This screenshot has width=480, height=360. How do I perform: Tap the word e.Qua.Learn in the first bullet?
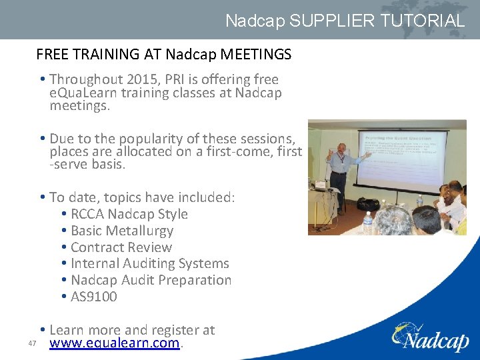click(79, 93)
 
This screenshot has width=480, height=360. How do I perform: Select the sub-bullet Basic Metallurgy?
click(121, 231)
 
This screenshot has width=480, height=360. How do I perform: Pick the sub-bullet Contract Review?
click(121, 247)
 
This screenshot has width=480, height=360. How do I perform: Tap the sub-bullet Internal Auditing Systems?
click(149, 264)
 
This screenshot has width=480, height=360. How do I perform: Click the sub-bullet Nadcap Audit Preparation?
click(151, 280)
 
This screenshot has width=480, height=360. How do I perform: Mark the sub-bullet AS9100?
click(93, 297)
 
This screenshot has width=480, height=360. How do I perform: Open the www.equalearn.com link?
click(115, 344)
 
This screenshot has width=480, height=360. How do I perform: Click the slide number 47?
click(31, 344)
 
